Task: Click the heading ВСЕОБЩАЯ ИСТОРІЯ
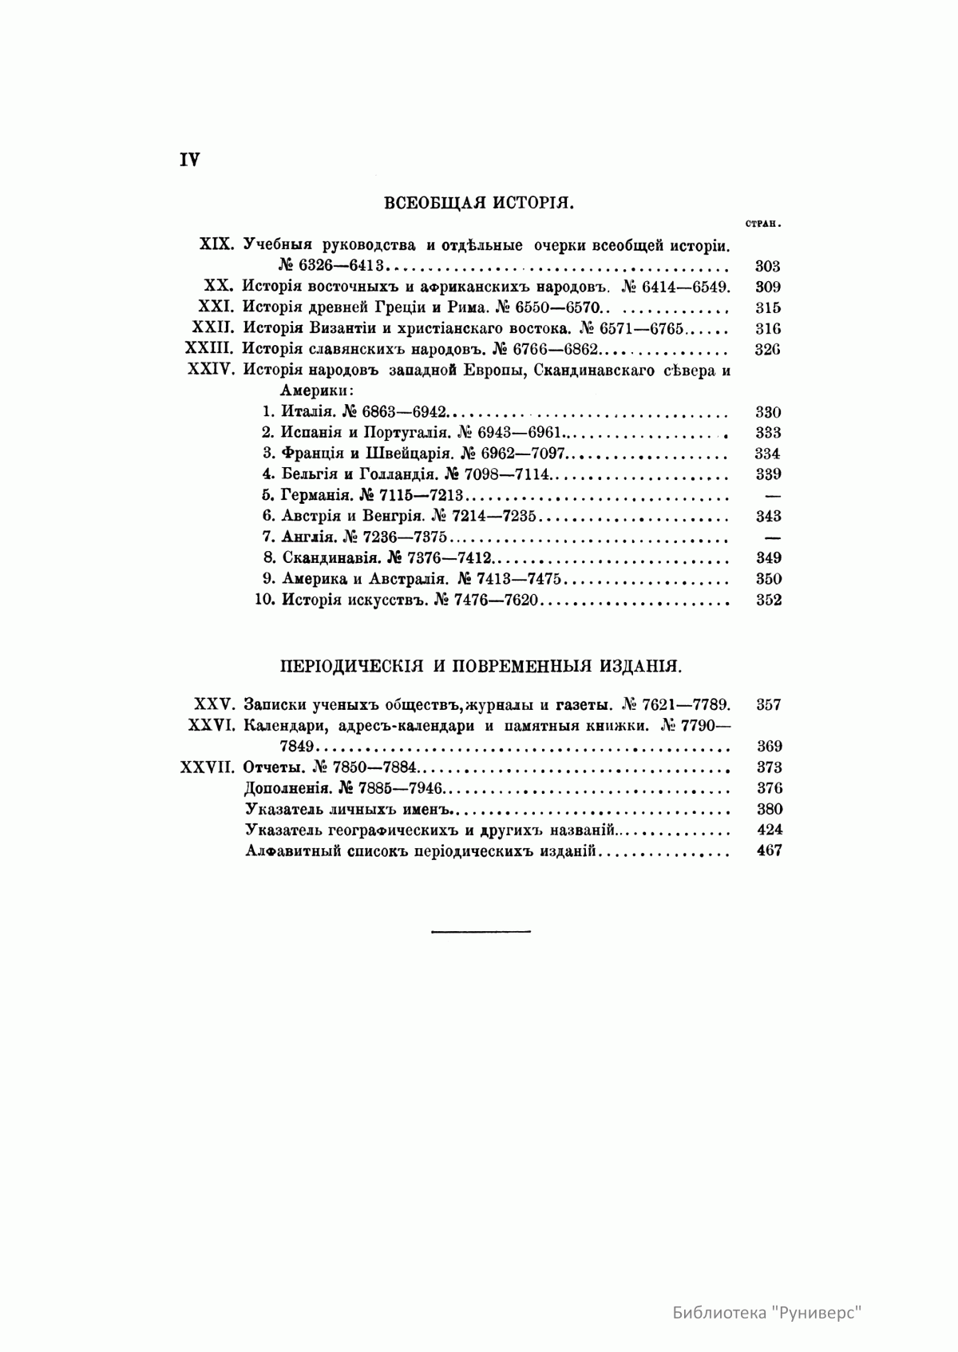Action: click(479, 202)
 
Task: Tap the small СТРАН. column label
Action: click(762, 224)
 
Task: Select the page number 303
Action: click(767, 267)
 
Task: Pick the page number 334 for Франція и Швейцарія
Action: click(768, 454)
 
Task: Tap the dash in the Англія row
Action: click(771, 537)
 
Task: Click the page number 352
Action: click(768, 600)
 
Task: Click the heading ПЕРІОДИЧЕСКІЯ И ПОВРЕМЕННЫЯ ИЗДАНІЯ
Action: click(479, 665)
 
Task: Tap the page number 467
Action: click(768, 850)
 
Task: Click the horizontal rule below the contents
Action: click(481, 930)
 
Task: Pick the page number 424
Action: click(768, 829)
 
